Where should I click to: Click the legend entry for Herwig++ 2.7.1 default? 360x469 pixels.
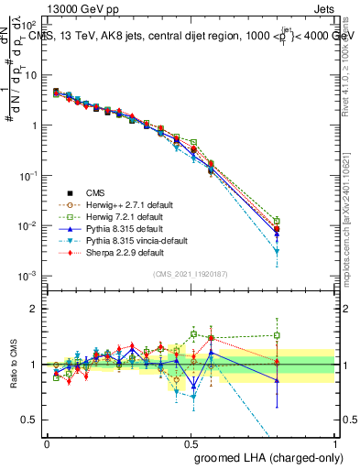pyautogui.click(x=123, y=204)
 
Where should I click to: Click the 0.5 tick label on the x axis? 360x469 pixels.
pyautogui.click(x=191, y=443)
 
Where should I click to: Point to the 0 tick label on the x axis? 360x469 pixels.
pyautogui.click(x=47, y=443)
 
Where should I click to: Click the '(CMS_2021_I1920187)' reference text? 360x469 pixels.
pyautogui.click(x=191, y=274)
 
